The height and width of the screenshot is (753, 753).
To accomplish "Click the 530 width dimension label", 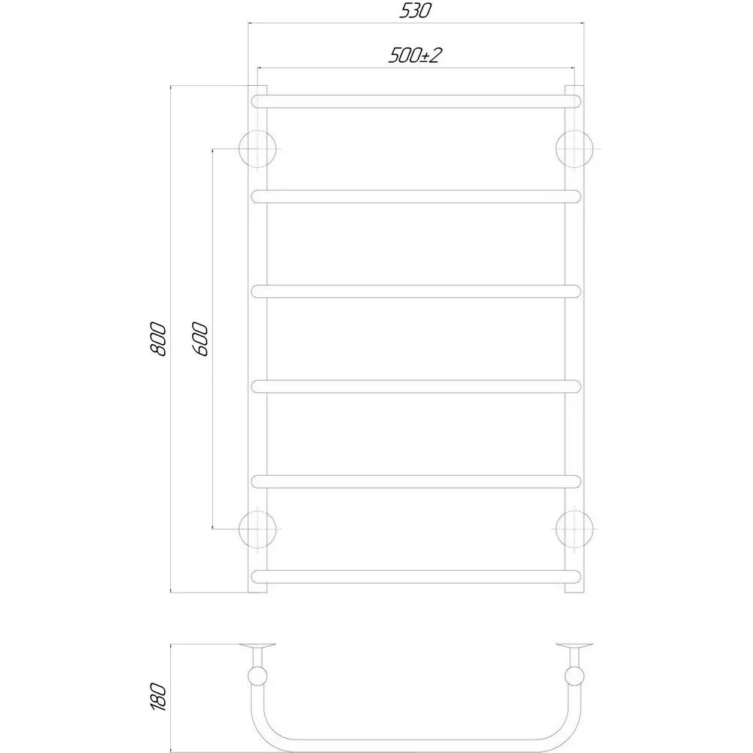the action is [x=416, y=11].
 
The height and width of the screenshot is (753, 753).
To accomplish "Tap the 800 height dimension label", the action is [x=159, y=339].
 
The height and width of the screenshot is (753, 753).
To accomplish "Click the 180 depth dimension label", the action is [x=159, y=697].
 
